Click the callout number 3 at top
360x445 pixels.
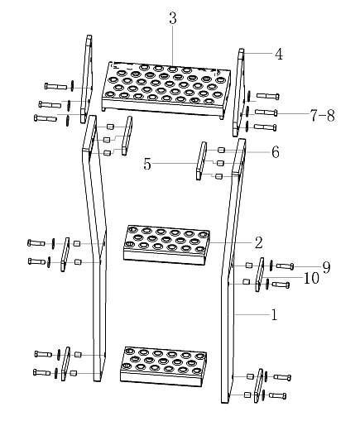click(x=173, y=18)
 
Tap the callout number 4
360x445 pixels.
click(x=279, y=54)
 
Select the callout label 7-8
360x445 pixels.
click(x=322, y=115)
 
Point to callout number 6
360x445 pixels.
click(x=275, y=152)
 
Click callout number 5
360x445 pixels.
click(x=147, y=164)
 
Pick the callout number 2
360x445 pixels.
click(x=258, y=242)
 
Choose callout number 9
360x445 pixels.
click(x=327, y=267)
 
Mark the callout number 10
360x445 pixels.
click(x=311, y=278)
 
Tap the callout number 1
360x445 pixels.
click(x=274, y=315)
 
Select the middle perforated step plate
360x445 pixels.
click(x=166, y=245)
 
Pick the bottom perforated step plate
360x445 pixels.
click(x=163, y=366)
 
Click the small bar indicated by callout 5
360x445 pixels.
click(x=201, y=161)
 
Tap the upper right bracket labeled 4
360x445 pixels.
click(x=239, y=93)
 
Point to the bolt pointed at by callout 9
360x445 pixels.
click(x=286, y=266)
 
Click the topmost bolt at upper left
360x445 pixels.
click(x=55, y=86)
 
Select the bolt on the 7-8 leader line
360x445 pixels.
click(x=266, y=112)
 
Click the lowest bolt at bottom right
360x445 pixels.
click(x=278, y=395)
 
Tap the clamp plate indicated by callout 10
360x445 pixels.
click(x=260, y=274)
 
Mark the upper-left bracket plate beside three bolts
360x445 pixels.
click(x=86, y=79)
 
